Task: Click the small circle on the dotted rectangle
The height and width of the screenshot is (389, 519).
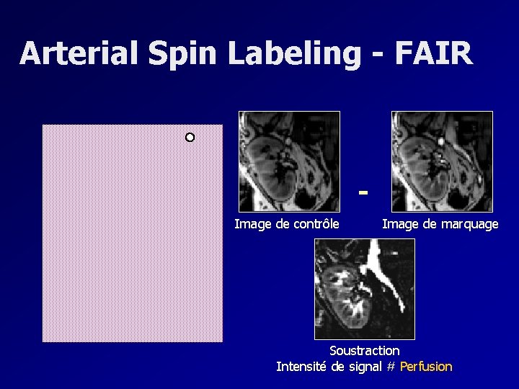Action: pyautogui.click(x=190, y=137)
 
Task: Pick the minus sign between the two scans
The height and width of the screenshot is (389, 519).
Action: pyautogui.click(x=364, y=192)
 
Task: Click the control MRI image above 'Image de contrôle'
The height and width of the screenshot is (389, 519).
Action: pyautogui.click(x=289, y=161)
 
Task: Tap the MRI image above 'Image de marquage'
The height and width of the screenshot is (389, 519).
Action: pyautogui.click(x=442, y=161)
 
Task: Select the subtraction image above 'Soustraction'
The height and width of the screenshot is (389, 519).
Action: pyautogui.click(x=365, y=289)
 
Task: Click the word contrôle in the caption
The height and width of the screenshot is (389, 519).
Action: pyautogui.click(x=316, y=224)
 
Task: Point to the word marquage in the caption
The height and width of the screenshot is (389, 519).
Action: pyautogui.click(x=469, y=224)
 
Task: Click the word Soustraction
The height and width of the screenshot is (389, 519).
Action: pyautogui.click(x=364, y=350)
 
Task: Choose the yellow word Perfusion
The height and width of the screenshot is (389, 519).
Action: pyautogui.click(x=426, y=367)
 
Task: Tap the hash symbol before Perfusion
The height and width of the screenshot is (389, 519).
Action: pyautogui.click(x=391, y=367)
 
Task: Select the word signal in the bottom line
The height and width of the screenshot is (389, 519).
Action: pyautogui.click(x=365, y=367)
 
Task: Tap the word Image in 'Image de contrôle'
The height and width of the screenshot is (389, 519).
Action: pyautogui.click(x=252, y=224)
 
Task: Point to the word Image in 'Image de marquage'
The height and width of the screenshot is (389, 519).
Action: pyautogui.click(x=400, y=224)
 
